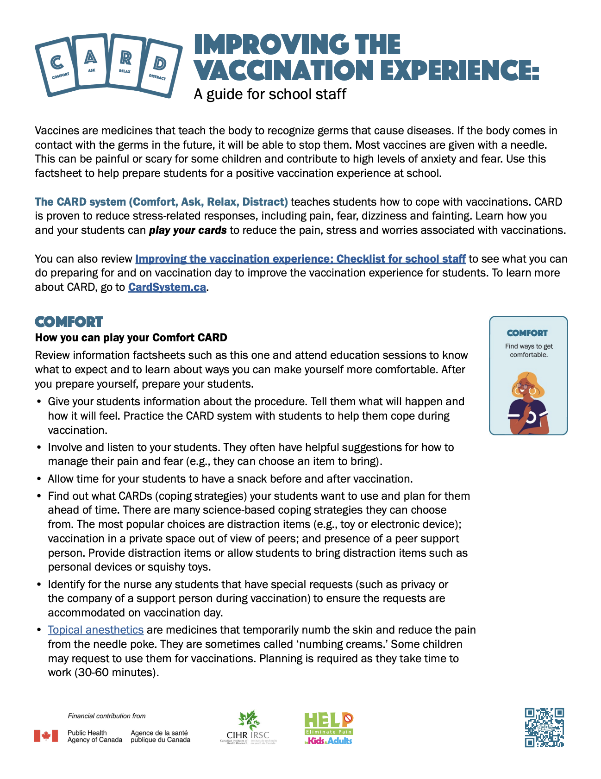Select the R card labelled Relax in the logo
coord(125,63)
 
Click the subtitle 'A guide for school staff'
coord(270,94)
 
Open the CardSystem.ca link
coord(167,287)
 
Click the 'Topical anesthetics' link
coord(95,630)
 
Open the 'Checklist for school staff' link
coord(300,259)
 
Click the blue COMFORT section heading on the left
coord(69,322)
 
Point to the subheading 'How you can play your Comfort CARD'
coord(131,338)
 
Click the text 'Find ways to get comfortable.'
coord(529,351)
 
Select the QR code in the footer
coord(544,727)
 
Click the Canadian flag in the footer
coord(46,736)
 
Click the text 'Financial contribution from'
coord(106,716)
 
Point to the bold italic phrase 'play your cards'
coord(188,230)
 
